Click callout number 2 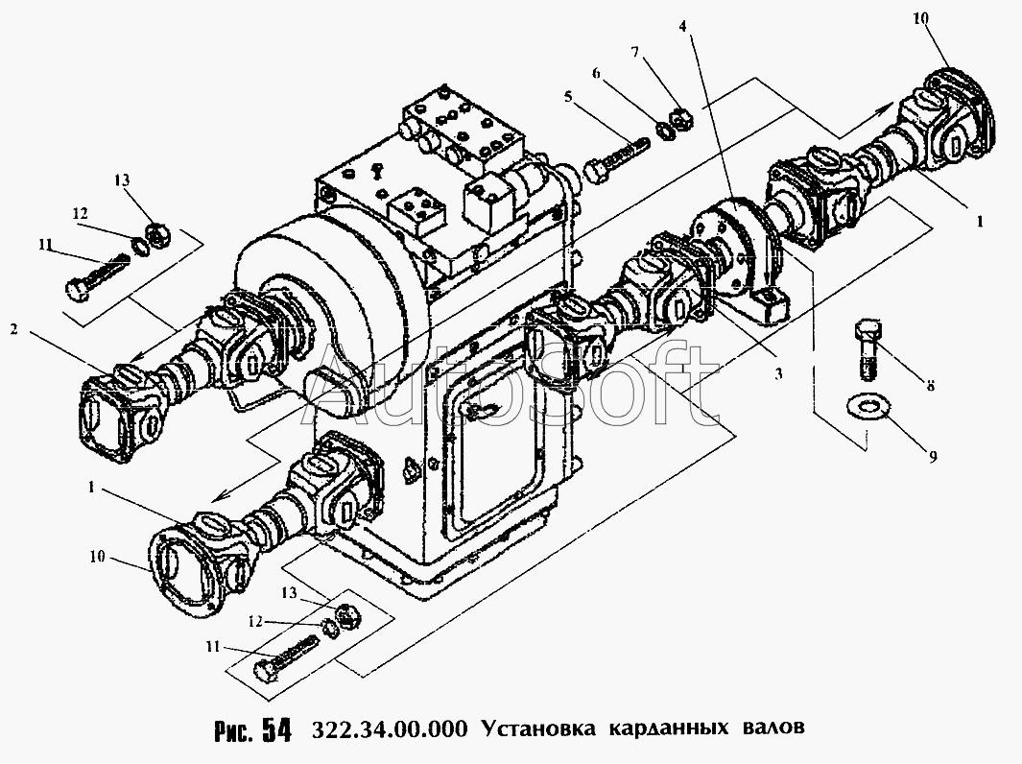[x=14, y=329]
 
